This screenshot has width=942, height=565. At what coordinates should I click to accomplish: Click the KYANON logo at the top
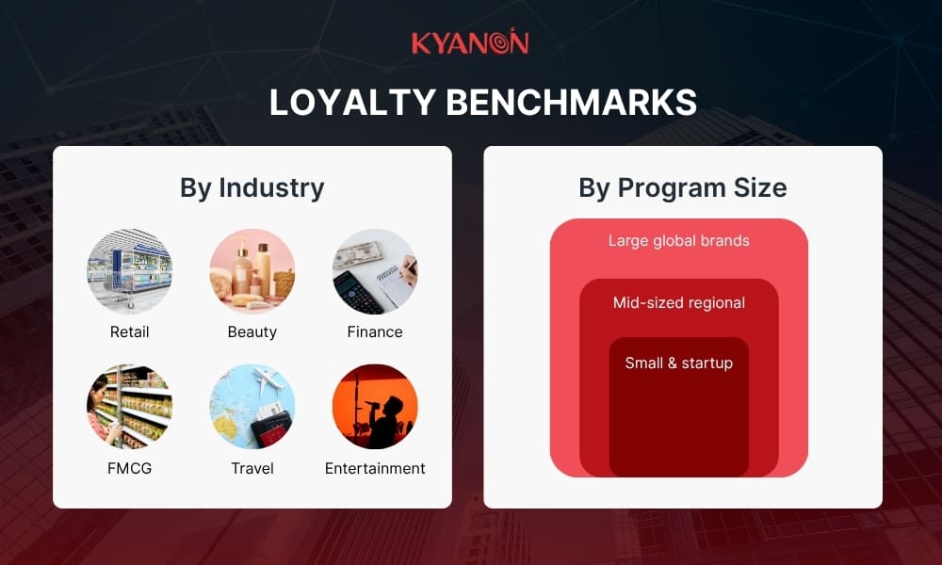[470, 42]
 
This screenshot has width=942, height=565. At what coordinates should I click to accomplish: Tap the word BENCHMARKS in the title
[570, 103]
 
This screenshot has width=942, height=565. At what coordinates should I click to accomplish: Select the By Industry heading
[252, 187]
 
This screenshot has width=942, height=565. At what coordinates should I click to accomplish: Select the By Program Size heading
[682, 187]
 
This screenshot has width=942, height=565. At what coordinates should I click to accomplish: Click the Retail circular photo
[129, 271]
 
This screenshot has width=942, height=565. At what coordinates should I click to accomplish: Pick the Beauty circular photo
[252, 271]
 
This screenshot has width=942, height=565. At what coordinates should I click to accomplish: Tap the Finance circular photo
[374, 271]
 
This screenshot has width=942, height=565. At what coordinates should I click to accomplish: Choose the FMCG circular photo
[129, 407]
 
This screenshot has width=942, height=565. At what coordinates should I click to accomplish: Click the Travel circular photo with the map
[252, 407]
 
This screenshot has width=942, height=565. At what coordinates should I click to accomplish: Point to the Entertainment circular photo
[374, 407]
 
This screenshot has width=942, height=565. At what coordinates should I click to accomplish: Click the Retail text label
[129, 331]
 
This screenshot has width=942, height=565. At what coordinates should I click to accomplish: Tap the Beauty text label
[252, 331]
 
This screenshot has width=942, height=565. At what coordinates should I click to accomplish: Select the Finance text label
[374, 331]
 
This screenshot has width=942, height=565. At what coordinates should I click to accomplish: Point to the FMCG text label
[129, 468]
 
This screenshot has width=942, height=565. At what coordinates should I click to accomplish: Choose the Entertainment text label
[374, 468]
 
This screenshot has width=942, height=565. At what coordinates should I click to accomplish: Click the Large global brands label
[678, 241]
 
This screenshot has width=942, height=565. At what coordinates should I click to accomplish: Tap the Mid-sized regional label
[678, 302]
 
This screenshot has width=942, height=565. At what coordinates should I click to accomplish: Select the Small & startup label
[678, 363]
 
